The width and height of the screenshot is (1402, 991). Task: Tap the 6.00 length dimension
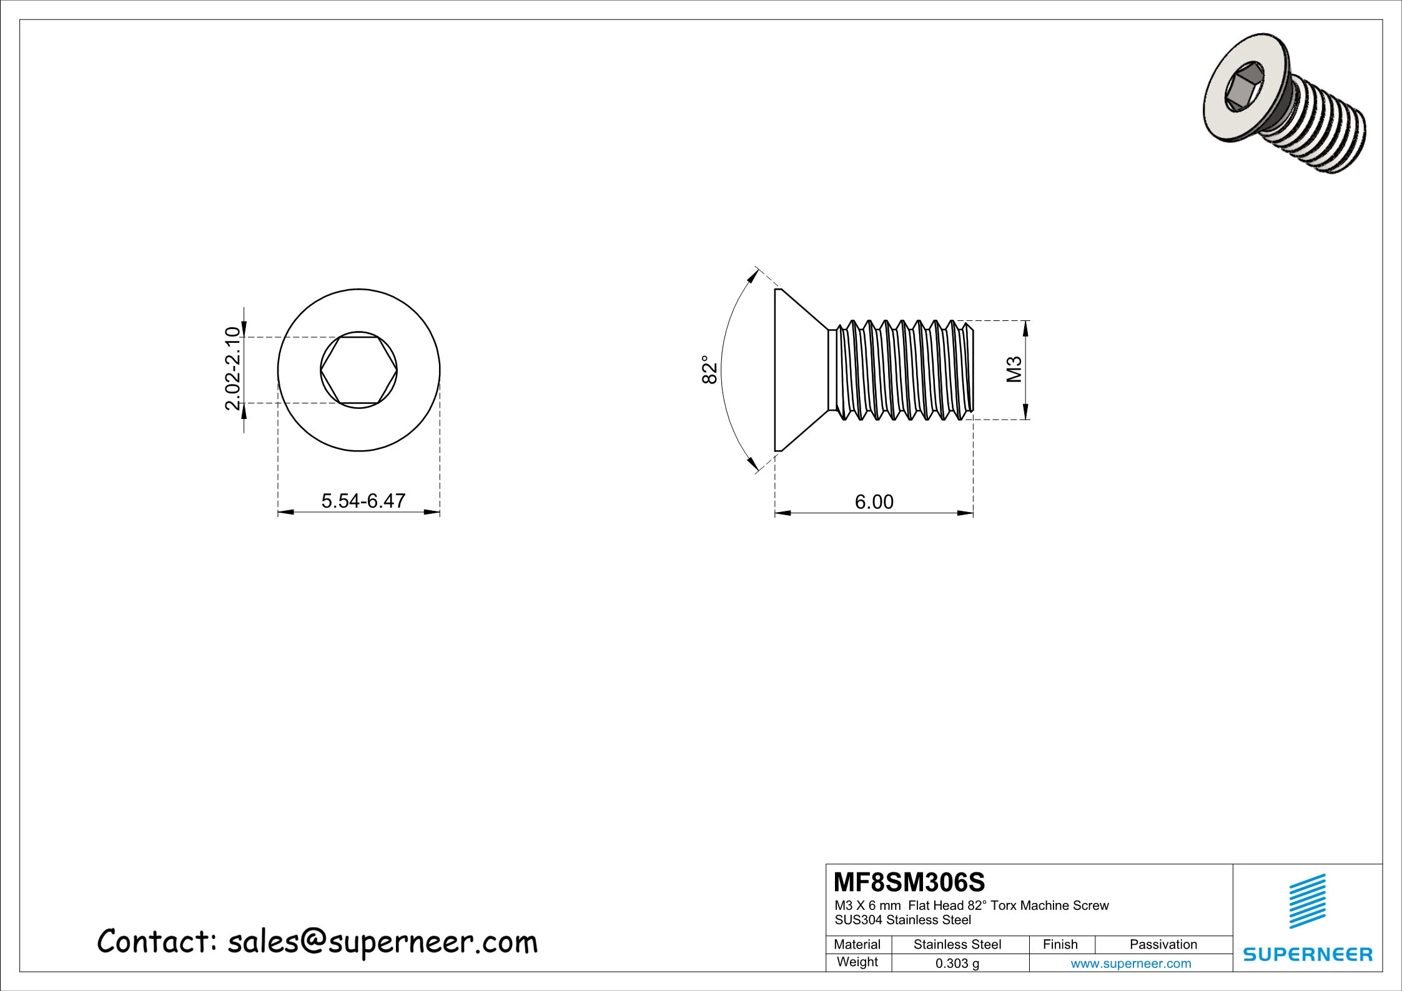click(874, 501)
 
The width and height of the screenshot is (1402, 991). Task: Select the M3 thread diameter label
click(1014, 369)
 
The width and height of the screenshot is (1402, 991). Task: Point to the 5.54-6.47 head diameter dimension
click(363, 500)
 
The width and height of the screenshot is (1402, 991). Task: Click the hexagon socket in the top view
click(358, 370)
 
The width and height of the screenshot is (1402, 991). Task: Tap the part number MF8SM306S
click(909, 882)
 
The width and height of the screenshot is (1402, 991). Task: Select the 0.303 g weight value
click(957, 964)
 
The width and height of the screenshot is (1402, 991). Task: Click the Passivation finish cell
click(1163, 944)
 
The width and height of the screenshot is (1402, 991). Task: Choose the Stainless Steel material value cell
click(957, 944)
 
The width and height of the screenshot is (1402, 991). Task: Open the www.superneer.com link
click(1130, 964)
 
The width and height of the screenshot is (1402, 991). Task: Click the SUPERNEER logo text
click(1308, 954)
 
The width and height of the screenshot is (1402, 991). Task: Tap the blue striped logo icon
click(1308, 901)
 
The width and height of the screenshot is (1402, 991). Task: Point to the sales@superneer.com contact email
click(382, 942)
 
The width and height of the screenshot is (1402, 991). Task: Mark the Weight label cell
click(857, 962)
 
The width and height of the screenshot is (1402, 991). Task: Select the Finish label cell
click(1060, 944)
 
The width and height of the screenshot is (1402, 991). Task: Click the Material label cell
click(857, 944)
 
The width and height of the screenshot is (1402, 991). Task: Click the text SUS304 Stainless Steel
click(902, 920)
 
